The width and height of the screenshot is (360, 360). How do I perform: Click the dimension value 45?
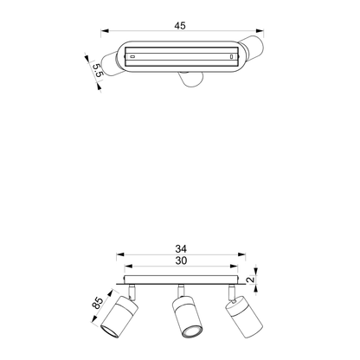coord(180,26)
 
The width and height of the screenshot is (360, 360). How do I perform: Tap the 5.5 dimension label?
coord(98,70)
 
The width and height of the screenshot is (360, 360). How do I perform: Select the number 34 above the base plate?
coord(181,248)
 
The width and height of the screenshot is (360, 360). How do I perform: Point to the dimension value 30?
coord(181,260)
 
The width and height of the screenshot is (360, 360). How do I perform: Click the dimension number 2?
coord(252,280)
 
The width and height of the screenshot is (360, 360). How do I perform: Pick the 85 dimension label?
coord(98,303)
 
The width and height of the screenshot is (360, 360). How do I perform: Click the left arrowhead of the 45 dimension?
coord(105,30)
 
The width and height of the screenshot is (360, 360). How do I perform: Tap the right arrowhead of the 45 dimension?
coord(260,30)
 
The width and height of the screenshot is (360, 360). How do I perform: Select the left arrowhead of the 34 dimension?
coord(120,254)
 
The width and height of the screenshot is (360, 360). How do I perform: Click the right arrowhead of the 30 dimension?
coord(234,267)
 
